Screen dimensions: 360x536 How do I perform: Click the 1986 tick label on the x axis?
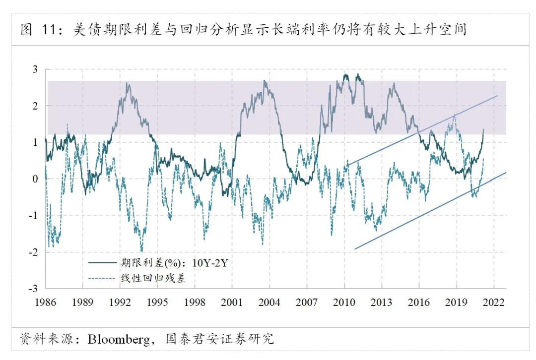[x=45, y=302]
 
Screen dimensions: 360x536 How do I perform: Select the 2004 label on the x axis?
[x=269, y=302]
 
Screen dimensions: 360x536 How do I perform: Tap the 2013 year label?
[x=382, y=302]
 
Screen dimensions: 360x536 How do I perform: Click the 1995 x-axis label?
[x=157, y=302]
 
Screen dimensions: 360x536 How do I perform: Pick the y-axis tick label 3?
[x=35, y=69]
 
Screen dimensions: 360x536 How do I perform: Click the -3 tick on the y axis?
[x=34, y=289]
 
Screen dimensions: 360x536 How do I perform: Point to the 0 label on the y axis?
[x=35, y=179]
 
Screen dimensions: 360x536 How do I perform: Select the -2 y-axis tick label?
[x=34, y=252]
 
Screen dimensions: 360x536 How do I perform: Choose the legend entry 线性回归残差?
[x=153, y=278]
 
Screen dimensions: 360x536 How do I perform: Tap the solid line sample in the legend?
[x=102, y=263]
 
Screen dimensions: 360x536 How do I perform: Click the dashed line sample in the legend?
[x=102, y=278]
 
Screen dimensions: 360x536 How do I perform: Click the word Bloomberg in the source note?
[x=119, y=339]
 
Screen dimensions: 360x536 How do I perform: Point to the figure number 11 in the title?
[x=48, y=30]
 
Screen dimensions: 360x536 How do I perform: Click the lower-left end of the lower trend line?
[x=355, y=248]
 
